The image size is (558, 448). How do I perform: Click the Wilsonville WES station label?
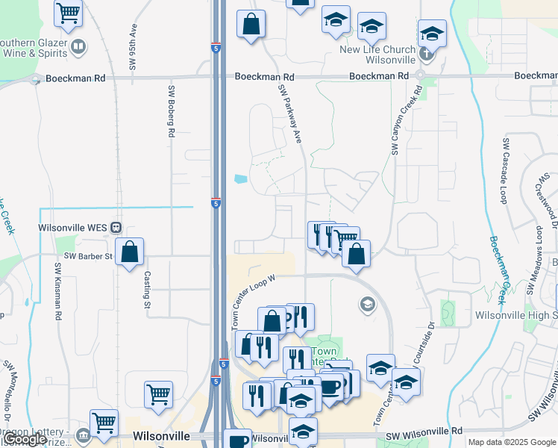[x=74, y=227]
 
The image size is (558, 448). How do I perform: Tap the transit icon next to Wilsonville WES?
[x=116, y=227]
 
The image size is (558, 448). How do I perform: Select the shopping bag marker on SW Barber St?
[x=130, y=252]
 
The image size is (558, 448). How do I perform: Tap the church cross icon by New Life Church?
[x=425, y=54]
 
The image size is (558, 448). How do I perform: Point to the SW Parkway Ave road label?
[x=290, y=113]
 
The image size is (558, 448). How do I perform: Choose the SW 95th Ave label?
[x=134, y=48]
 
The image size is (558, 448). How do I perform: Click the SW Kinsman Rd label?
[x=57, y=292]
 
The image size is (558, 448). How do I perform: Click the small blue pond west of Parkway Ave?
[x=239, y=179]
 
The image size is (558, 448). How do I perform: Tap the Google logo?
[x=24, y=439]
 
